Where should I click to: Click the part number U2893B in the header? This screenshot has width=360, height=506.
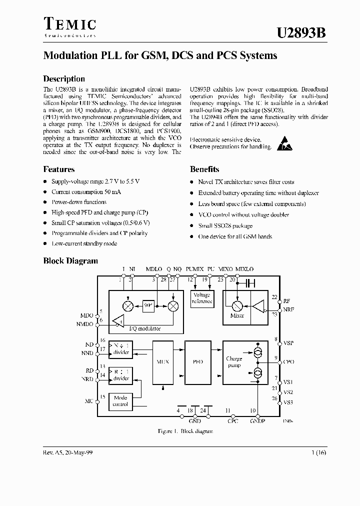pos(302,32)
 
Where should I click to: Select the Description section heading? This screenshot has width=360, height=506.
pos(64,78)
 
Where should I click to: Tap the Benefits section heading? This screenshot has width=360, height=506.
pos(204,169)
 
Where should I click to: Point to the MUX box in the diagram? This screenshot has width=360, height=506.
pos(161,361)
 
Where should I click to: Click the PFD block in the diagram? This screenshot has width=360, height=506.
pos(198,361)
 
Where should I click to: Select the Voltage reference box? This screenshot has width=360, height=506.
pos(202,298)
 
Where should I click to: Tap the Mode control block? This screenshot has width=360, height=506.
pos(121,400)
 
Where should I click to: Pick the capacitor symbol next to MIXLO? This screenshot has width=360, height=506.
pos(250,283)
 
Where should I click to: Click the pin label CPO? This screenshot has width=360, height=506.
pos(288,361)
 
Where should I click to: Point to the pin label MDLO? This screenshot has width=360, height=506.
pos(154,269)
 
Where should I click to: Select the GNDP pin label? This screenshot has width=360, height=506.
pos(258,421)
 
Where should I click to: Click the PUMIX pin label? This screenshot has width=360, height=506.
pos(194,269)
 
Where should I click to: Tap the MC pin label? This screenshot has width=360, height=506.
pos(89,400)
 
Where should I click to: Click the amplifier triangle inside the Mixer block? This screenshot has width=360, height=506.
pos(259,306)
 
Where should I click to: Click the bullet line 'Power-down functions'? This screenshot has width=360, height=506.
pos(79,202)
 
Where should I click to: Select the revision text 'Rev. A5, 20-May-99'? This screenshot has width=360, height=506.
pos(67,452)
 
